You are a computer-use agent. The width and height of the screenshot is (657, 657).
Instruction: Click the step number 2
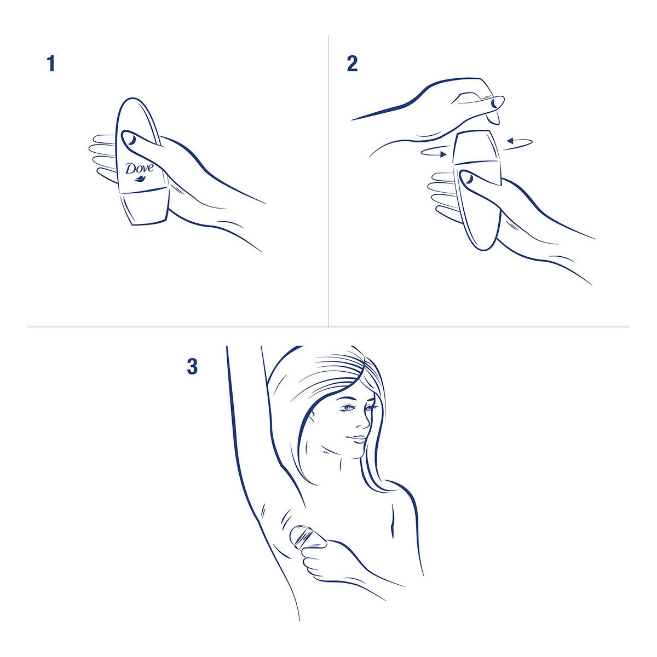pyautogui.click(x=352, y=64)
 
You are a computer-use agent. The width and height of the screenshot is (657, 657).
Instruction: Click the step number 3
pyautogui.click(x=192, y=366)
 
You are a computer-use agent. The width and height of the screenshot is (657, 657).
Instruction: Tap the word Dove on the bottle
pyautogui.click(x=140, y=168)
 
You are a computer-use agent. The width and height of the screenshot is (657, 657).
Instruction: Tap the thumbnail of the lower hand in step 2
pyautogui.click(x=469, y=180)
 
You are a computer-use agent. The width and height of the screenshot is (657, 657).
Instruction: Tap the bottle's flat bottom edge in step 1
pyautogui.click(x=149, y=222)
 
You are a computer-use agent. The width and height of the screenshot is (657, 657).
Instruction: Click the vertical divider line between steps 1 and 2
pyautogui.click(x=328, y=181)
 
